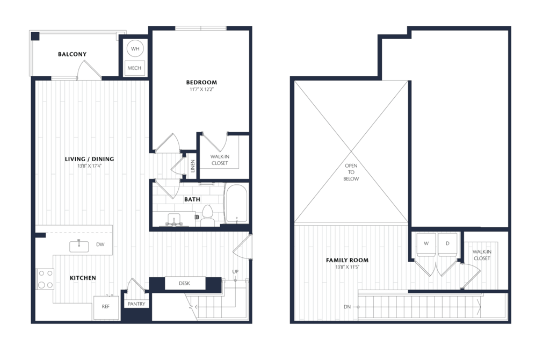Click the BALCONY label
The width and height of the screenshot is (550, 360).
pyautogui.click(x=73, y=54)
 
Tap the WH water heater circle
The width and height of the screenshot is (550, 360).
pyautogui.click(x=135, y=49)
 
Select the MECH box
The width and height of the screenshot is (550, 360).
pyautogui.click(x=134, y=68)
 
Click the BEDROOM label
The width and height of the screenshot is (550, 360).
pyautogui.click(x=201, y=82)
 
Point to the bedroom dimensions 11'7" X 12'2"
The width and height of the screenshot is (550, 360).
pyautogui.click(x=202, y=90)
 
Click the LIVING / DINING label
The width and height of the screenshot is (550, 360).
pyautogui.click(x=90, y=159)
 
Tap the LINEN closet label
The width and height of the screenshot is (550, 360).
pyautogui.click(x=193, y=166)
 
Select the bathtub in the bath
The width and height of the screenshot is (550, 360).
pyautogui.click(x=236, y=204)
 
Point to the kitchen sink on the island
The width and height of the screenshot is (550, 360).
pyautogui.click(x=79, y=246)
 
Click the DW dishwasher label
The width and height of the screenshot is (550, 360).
pyautogui.click(x=100, y=244)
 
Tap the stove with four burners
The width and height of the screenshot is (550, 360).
pyautogui.click(x=45, y=279)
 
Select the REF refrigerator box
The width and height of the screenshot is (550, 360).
pyautogui.click(x=106, y=308)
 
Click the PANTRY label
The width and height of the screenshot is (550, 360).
pyautogui.click(x=136, y=304)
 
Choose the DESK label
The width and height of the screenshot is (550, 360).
pyautogui.click(x=185, y=283)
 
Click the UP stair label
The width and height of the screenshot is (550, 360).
pyautogui.click(x=235, y=271)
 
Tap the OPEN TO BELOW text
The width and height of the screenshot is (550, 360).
pyautogui.click(x=351, y=172)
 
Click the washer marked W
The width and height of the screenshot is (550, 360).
pyautogui.click(x=426, y=244)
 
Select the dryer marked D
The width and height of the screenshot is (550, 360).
pyautogui.click(x=447, y=244)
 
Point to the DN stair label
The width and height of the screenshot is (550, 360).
pyautogui.click(x=348, y=307)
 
